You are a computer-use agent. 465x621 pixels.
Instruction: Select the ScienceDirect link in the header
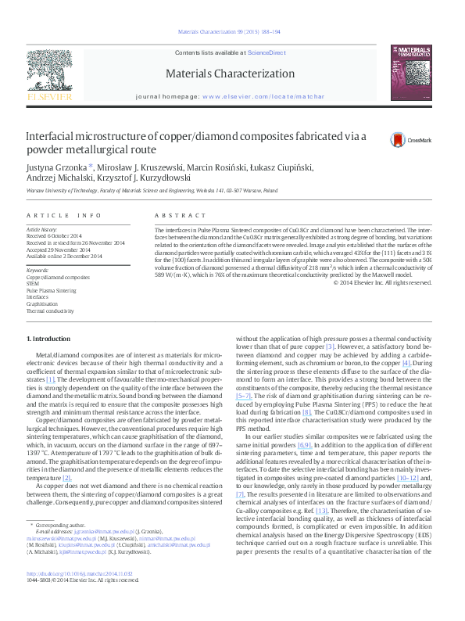(266, 52)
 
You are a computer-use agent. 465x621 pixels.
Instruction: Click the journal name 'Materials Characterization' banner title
(231, 74)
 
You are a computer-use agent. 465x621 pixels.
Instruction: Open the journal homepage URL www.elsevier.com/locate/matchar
(263, 95)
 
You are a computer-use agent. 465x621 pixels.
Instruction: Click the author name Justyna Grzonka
(57, 167)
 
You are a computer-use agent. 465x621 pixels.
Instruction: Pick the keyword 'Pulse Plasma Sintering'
(52, 290)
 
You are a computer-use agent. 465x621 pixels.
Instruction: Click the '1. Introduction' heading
(48, 339)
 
